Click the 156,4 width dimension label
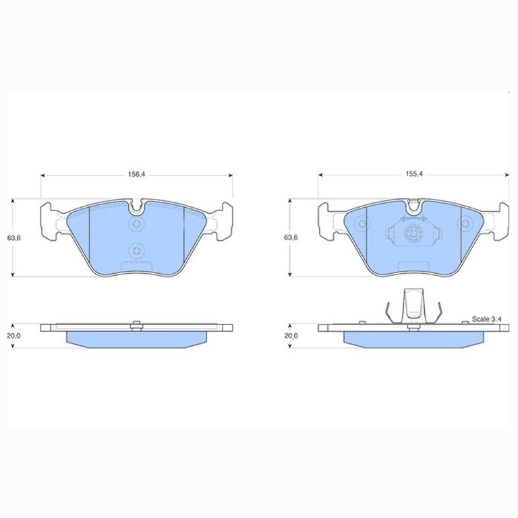click(136, 175)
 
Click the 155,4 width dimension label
click(414, 175)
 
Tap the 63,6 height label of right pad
click(291, 237)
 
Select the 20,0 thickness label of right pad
click(291, 336)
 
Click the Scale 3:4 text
click(486, 319)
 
